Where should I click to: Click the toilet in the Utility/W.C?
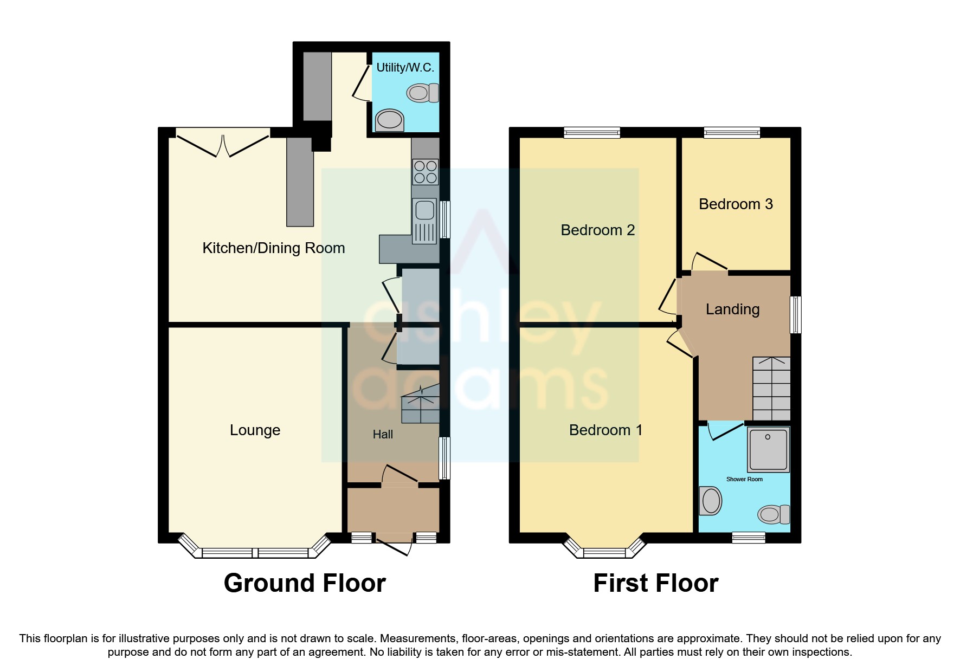[424, 93]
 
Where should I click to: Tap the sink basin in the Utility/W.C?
[389, 120]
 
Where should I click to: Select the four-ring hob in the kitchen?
[425, 172]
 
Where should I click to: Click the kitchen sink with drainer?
[424, 221]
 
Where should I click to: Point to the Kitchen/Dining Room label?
[273, 248]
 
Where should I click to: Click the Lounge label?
[255, 430]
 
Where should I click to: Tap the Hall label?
[383, 434]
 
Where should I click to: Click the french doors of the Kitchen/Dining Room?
[223, 143]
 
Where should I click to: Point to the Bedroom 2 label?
[597, 230]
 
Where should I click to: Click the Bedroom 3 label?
[736, 204]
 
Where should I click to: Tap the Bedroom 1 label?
[605, 430]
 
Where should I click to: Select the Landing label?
[732, 309]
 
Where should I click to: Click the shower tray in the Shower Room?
[768, 449]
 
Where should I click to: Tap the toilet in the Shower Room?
[774, 514]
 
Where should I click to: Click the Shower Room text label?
[744, 479]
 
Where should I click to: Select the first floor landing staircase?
[771, 388]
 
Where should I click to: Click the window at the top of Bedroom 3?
[732, 132]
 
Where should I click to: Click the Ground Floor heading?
[305, 584]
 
